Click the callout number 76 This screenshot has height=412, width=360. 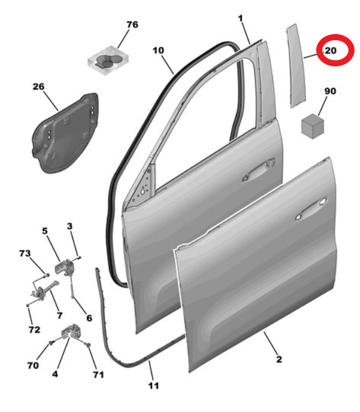coord(133,25)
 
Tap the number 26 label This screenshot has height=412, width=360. coord(38,86)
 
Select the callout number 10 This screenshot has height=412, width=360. coord(158,50)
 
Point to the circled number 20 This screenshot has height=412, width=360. coord(331,51)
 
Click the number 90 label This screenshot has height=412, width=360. coord(330,91)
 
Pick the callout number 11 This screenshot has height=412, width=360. coord(154,386)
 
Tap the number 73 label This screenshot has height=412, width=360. coord(25,253)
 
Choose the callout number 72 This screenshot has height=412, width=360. coord(34,329)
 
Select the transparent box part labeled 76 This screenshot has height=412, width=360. coord(108,60)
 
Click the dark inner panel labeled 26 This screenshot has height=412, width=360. coord(66,133)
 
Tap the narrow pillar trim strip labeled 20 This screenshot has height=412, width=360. coord(296,66)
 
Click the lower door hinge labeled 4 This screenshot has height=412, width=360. coord(70,332)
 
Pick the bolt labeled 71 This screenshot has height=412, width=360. coord(89,344)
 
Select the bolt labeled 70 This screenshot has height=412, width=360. coord(52,343)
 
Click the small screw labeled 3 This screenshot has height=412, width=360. coord(79,258)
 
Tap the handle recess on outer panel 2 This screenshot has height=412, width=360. coord(312,208)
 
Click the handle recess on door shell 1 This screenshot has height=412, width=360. coord(258,170)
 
